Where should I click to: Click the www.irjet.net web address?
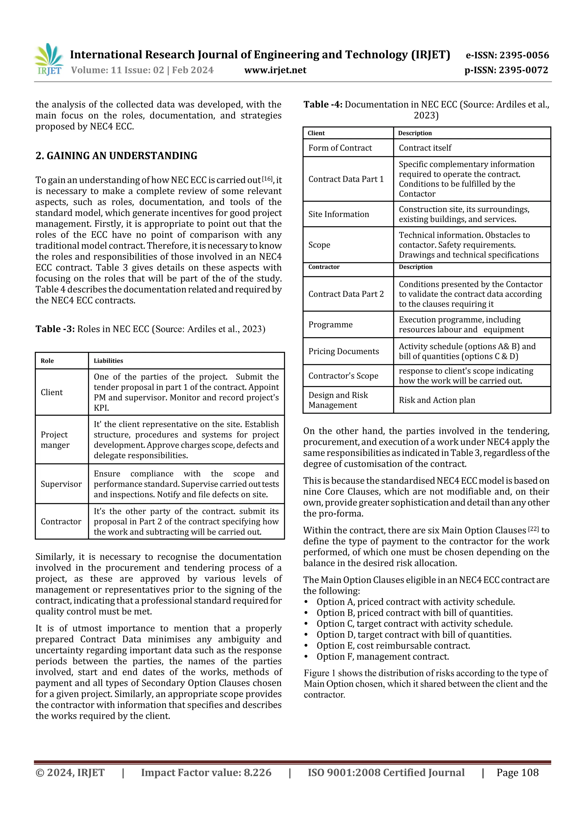[x=275, y=70]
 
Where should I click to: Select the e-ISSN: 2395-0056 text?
[x=507, y=55]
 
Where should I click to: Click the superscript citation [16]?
[x=267, y=179]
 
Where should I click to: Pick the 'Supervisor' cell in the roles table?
[x=61, y=484]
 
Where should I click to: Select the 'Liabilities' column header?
[x=108, y=361]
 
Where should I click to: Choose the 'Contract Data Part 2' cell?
[x=346, y=294]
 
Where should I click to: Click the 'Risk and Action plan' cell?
[x=437, y=400]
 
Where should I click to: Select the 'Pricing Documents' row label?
[x=344, y=351]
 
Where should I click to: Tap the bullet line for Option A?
[x=415, y=601]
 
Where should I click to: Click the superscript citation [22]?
[x=533, y=529]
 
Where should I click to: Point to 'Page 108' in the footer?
[x=517, y=772]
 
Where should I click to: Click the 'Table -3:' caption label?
[x=55, y=329]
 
